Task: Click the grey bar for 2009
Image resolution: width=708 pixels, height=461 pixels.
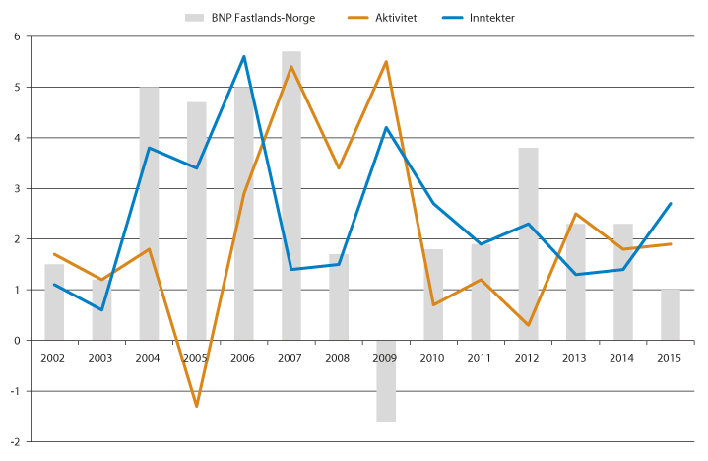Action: (386, 381)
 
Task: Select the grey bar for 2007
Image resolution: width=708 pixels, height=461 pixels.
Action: (291, 196)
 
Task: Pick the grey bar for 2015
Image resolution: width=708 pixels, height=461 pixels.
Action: (671, 315)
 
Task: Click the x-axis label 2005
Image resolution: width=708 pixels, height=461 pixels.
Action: (197, 356)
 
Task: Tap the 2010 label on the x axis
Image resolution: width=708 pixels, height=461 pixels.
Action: (433, 356)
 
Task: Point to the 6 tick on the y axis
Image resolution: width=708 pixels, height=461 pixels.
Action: (17, 36)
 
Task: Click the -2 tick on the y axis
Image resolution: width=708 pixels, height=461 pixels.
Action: (15, 442)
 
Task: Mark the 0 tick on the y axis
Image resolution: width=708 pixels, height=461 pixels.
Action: (17, 341)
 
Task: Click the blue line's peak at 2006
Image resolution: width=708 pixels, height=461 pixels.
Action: (244, 56)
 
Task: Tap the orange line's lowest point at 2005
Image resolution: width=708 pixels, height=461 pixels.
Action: (197, 406)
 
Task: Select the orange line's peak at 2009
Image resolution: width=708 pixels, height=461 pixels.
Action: (386, 62)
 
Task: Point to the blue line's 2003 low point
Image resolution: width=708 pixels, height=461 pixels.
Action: (101, 310)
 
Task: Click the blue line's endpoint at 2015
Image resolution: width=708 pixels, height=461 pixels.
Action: (671, 204)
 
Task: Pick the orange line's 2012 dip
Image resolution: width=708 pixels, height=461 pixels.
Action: (528, 325)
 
